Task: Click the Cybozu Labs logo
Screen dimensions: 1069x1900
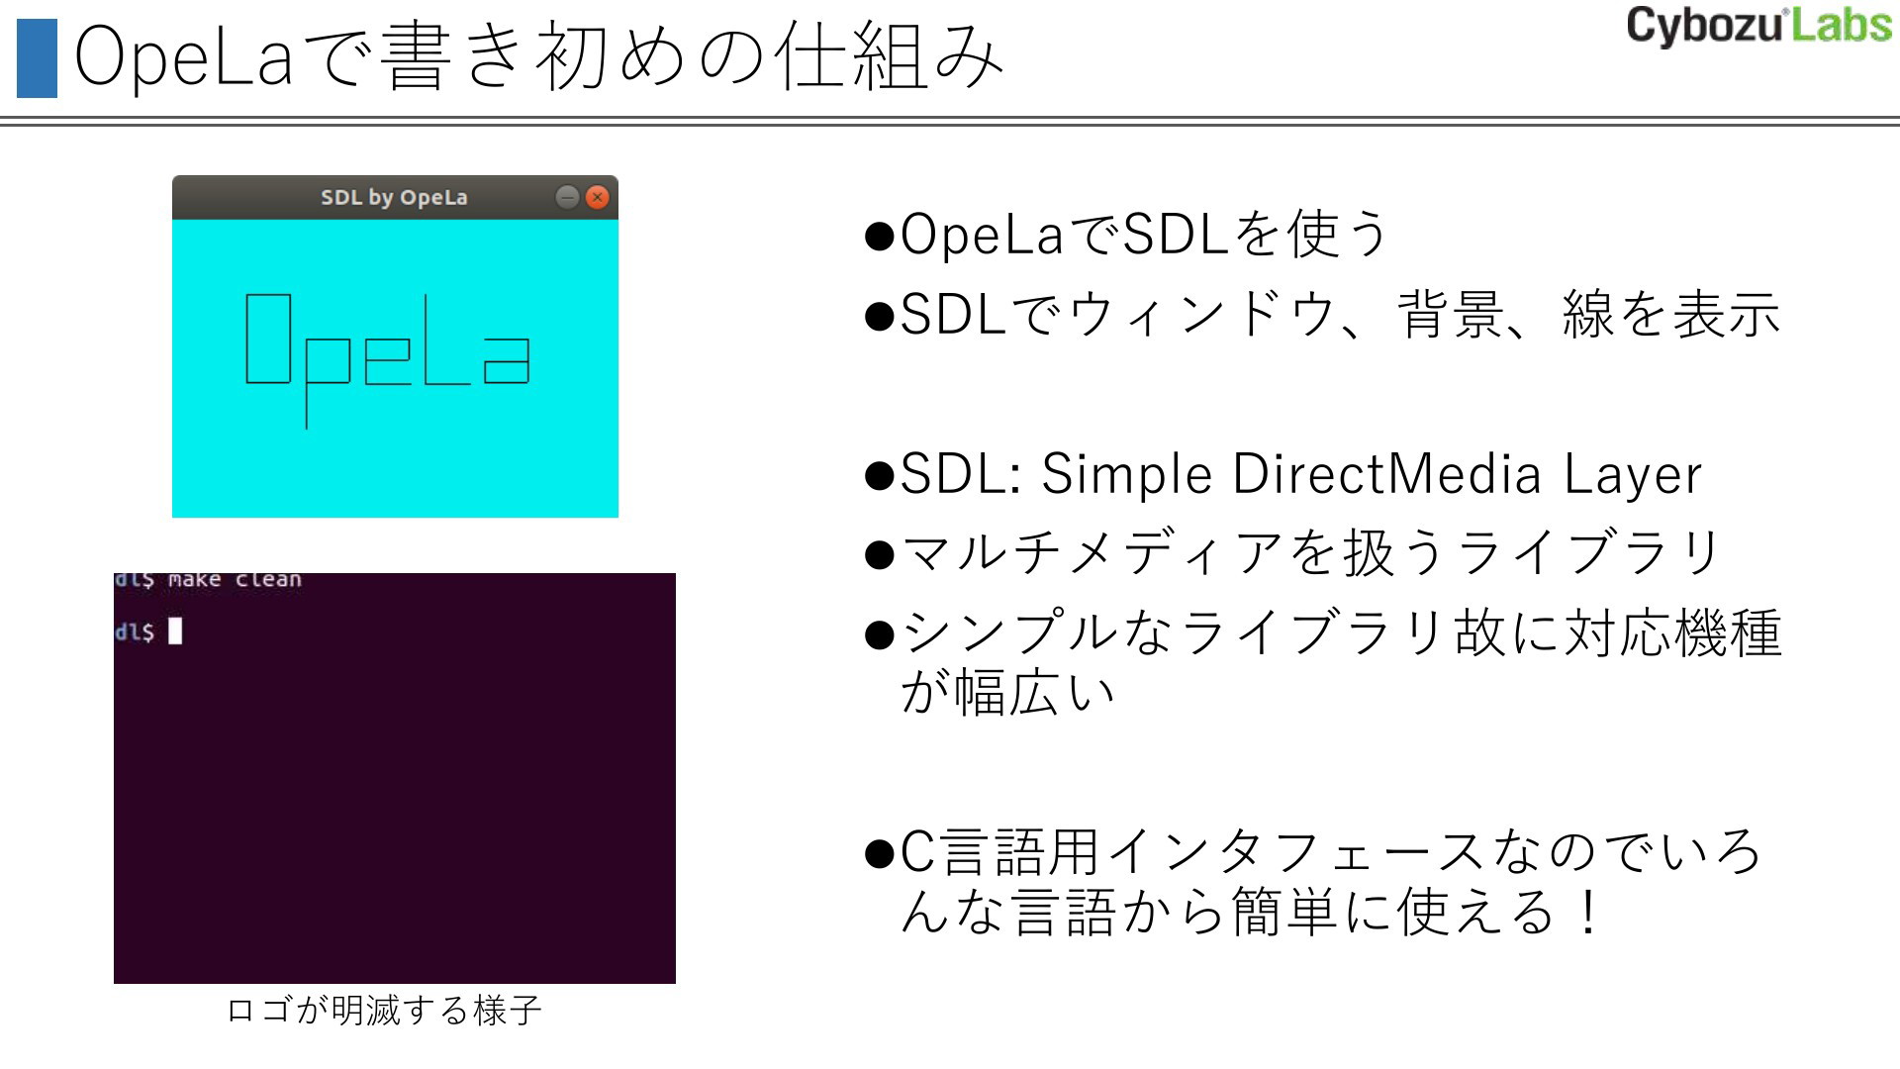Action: [1758, 26]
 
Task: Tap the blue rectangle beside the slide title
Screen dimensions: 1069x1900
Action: [37, 58]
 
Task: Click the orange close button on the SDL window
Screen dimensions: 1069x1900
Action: [597, 197]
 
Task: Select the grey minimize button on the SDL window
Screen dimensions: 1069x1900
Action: [567, 197]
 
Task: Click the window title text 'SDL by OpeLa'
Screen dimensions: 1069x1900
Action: [394, 197]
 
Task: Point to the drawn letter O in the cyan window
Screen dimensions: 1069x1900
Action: [268, 339]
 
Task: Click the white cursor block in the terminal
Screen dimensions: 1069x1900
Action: [175, 631]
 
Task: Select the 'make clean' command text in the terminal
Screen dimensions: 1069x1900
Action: [235, 580]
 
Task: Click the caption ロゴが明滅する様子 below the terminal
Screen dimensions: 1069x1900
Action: [384, 1011]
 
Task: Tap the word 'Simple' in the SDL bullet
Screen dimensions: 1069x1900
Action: [1126, 474]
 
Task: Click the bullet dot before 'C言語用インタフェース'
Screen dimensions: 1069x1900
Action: [879, 852]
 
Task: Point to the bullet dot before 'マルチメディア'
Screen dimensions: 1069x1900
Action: [879, 553]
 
